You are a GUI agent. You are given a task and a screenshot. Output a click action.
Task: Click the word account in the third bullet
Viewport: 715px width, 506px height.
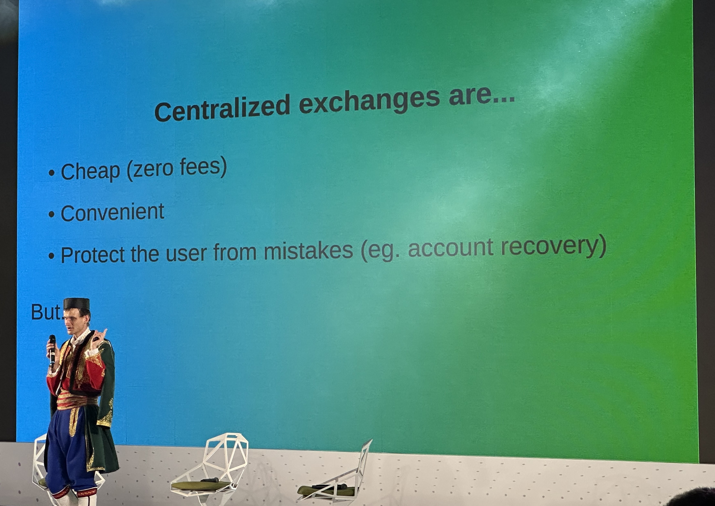451,249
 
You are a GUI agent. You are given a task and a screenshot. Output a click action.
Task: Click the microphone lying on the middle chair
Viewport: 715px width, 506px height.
210,480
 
